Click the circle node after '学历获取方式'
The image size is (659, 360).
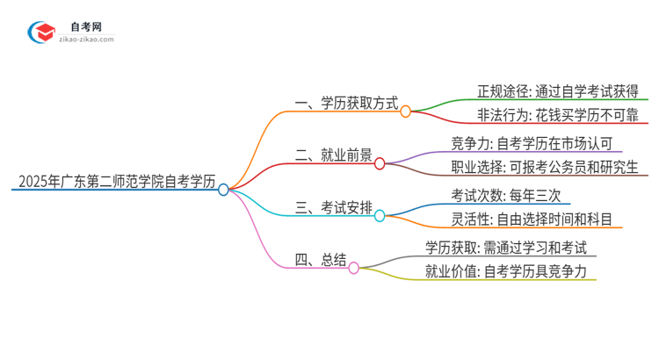pyautogui.click(x=406, y=112)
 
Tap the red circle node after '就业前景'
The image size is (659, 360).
pyautogui.click(x=380, y=162)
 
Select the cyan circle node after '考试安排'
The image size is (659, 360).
pyautogui.click(x=380, y=214)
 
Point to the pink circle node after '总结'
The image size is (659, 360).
pyautogui.click(x=353, y=267)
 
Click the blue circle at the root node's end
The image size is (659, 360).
pyautogui.click(x=223, y=189)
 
